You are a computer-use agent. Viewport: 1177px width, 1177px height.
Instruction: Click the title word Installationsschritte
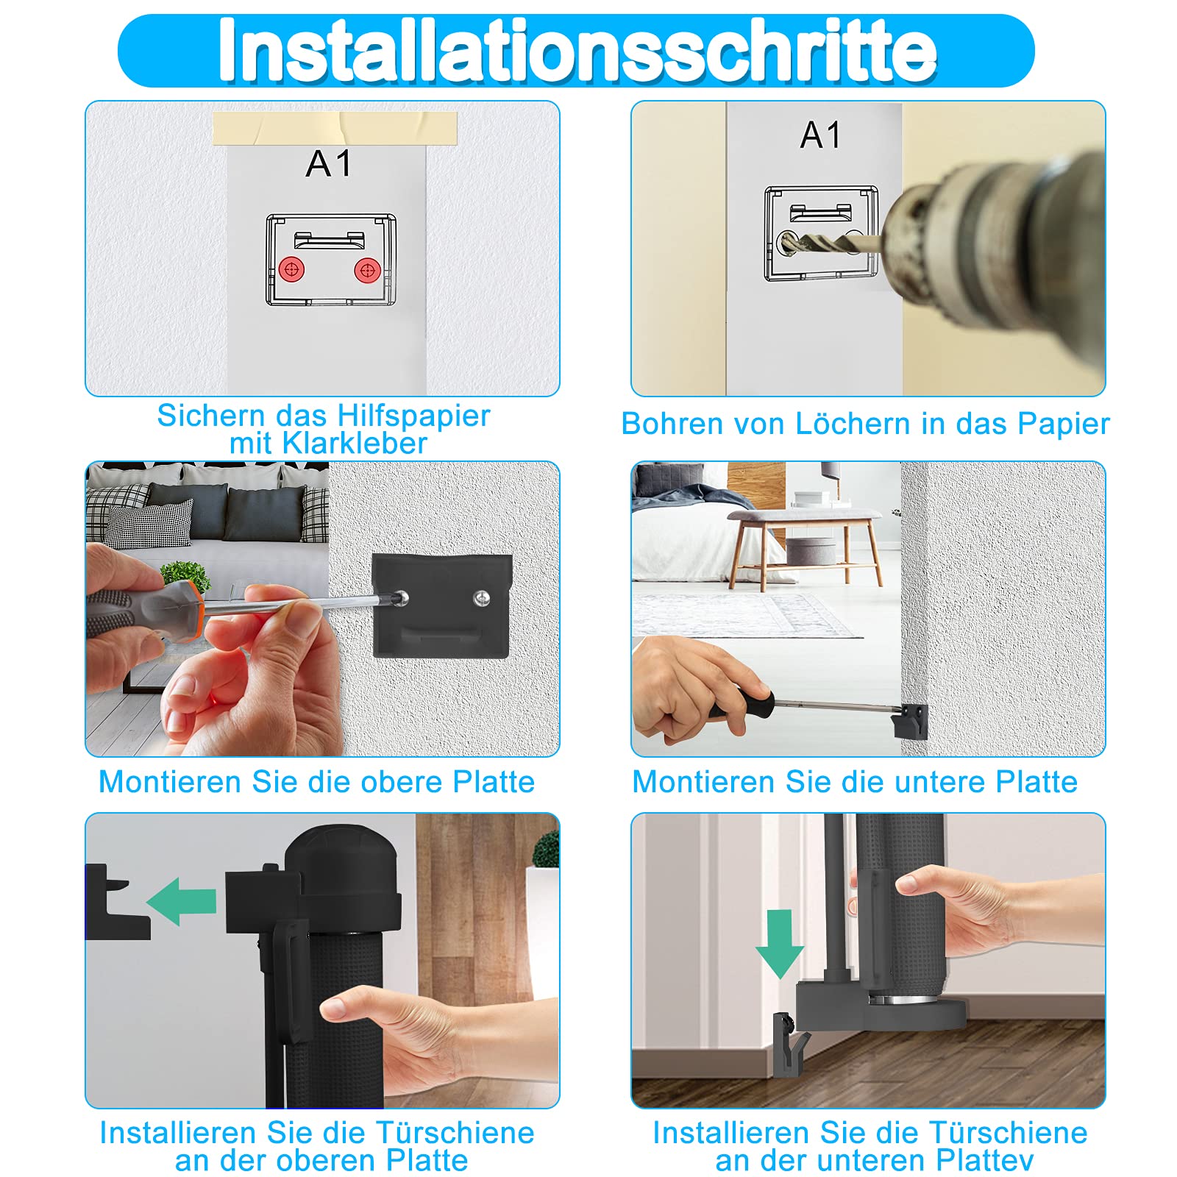pos(577,50)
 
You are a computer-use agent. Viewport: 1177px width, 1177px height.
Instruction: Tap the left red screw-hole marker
pos(291,269)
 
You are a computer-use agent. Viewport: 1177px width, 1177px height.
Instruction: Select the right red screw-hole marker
pos(367,270)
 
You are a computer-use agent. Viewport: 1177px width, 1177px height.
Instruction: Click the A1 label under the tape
pos(328,163)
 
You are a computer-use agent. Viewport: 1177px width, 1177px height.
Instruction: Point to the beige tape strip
pos(335,129)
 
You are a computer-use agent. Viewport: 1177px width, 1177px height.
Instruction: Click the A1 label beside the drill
pos(820,135)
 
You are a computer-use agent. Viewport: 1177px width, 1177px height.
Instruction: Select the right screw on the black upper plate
pos(481,597)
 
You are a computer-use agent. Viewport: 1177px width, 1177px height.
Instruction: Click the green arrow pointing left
pos(181,901)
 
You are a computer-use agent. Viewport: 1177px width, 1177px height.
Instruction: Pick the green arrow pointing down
pos(780,944)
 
